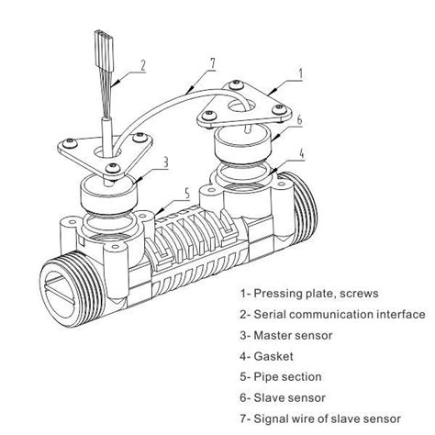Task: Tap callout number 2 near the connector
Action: pos(142,65)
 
